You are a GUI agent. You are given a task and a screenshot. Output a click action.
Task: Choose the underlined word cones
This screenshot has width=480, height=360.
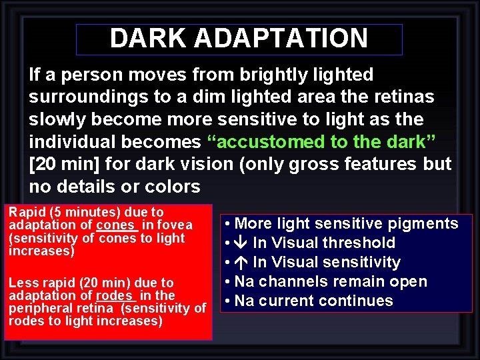pyautogui.click(x=115, y=225)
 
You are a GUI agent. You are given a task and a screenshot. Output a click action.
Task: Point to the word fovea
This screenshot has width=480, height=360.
pyautogui.click(x=175, y=225)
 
